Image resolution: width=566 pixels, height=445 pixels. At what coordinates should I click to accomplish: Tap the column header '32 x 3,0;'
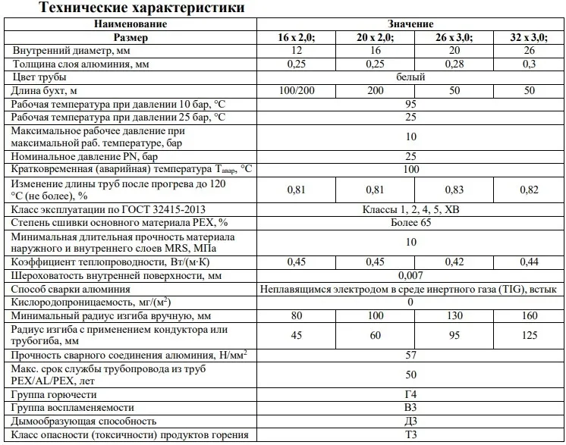tap(530, 37)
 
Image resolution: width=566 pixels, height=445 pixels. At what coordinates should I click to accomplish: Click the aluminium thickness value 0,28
tap(454, 64)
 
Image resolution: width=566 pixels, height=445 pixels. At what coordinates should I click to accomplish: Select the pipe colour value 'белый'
tap(410, 77)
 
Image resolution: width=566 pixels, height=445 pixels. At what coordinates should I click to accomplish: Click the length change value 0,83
tap(454, 190)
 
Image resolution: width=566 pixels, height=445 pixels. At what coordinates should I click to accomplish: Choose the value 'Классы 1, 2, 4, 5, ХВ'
tap(410, 209)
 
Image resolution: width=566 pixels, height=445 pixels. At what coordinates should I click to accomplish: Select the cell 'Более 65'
tap(410, 222)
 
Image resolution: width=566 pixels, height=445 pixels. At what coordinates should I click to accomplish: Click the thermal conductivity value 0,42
tap(454, 262)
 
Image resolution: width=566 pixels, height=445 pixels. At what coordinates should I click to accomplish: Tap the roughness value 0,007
tap(410, 275)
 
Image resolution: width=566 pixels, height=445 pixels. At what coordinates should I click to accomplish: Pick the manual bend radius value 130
tap(454, 315)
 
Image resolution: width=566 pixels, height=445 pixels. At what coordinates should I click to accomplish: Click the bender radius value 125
tap(530, 334)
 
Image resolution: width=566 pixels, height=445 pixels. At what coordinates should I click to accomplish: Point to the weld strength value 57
tap(410, 354)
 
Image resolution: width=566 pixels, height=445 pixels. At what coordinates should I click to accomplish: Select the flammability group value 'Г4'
tap(410, 395)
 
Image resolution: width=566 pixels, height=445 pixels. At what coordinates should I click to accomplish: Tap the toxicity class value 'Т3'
tap(410, 435)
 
